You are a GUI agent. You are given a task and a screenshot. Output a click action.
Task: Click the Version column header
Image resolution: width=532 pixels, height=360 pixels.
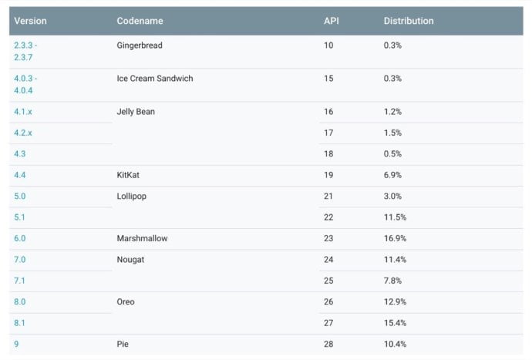click(30, 21)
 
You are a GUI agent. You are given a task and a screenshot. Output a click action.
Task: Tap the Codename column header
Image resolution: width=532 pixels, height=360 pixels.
click(140, 21)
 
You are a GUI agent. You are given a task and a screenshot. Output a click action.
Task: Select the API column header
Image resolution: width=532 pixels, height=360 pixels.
click(331, 21)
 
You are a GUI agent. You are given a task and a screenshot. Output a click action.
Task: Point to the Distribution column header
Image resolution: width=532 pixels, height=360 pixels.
click(409, 21)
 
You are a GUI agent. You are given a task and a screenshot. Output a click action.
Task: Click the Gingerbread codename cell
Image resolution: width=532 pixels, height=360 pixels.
click(140, 45)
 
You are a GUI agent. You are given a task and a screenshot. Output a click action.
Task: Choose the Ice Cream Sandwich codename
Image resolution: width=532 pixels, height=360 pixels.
click(154, 79)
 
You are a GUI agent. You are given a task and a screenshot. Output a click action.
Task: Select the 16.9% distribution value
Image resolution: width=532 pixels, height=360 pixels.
click(395, 238)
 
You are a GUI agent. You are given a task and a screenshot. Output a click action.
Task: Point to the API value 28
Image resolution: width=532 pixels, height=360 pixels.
click(328, 344)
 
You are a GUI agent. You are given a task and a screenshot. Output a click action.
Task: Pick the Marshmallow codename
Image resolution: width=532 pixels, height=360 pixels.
click(142, 238)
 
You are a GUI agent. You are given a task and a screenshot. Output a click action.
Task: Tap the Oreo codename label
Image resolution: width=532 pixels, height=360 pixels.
click(126, 301)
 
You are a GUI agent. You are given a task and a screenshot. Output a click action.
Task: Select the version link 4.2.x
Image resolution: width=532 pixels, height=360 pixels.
click(23, 133)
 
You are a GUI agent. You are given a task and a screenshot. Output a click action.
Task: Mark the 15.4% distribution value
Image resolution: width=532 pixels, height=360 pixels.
click(395, 322)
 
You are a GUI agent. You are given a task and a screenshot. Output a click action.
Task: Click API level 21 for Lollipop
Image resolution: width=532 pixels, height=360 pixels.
click(328, 196)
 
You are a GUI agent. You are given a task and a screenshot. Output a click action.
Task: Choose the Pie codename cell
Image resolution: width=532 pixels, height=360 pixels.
click(123, 344)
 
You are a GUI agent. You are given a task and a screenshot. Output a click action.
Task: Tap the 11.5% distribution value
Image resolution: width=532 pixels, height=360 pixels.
click(395, 217)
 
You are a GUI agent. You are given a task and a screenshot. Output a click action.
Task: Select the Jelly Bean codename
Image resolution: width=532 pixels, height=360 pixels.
click(136, 112)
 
